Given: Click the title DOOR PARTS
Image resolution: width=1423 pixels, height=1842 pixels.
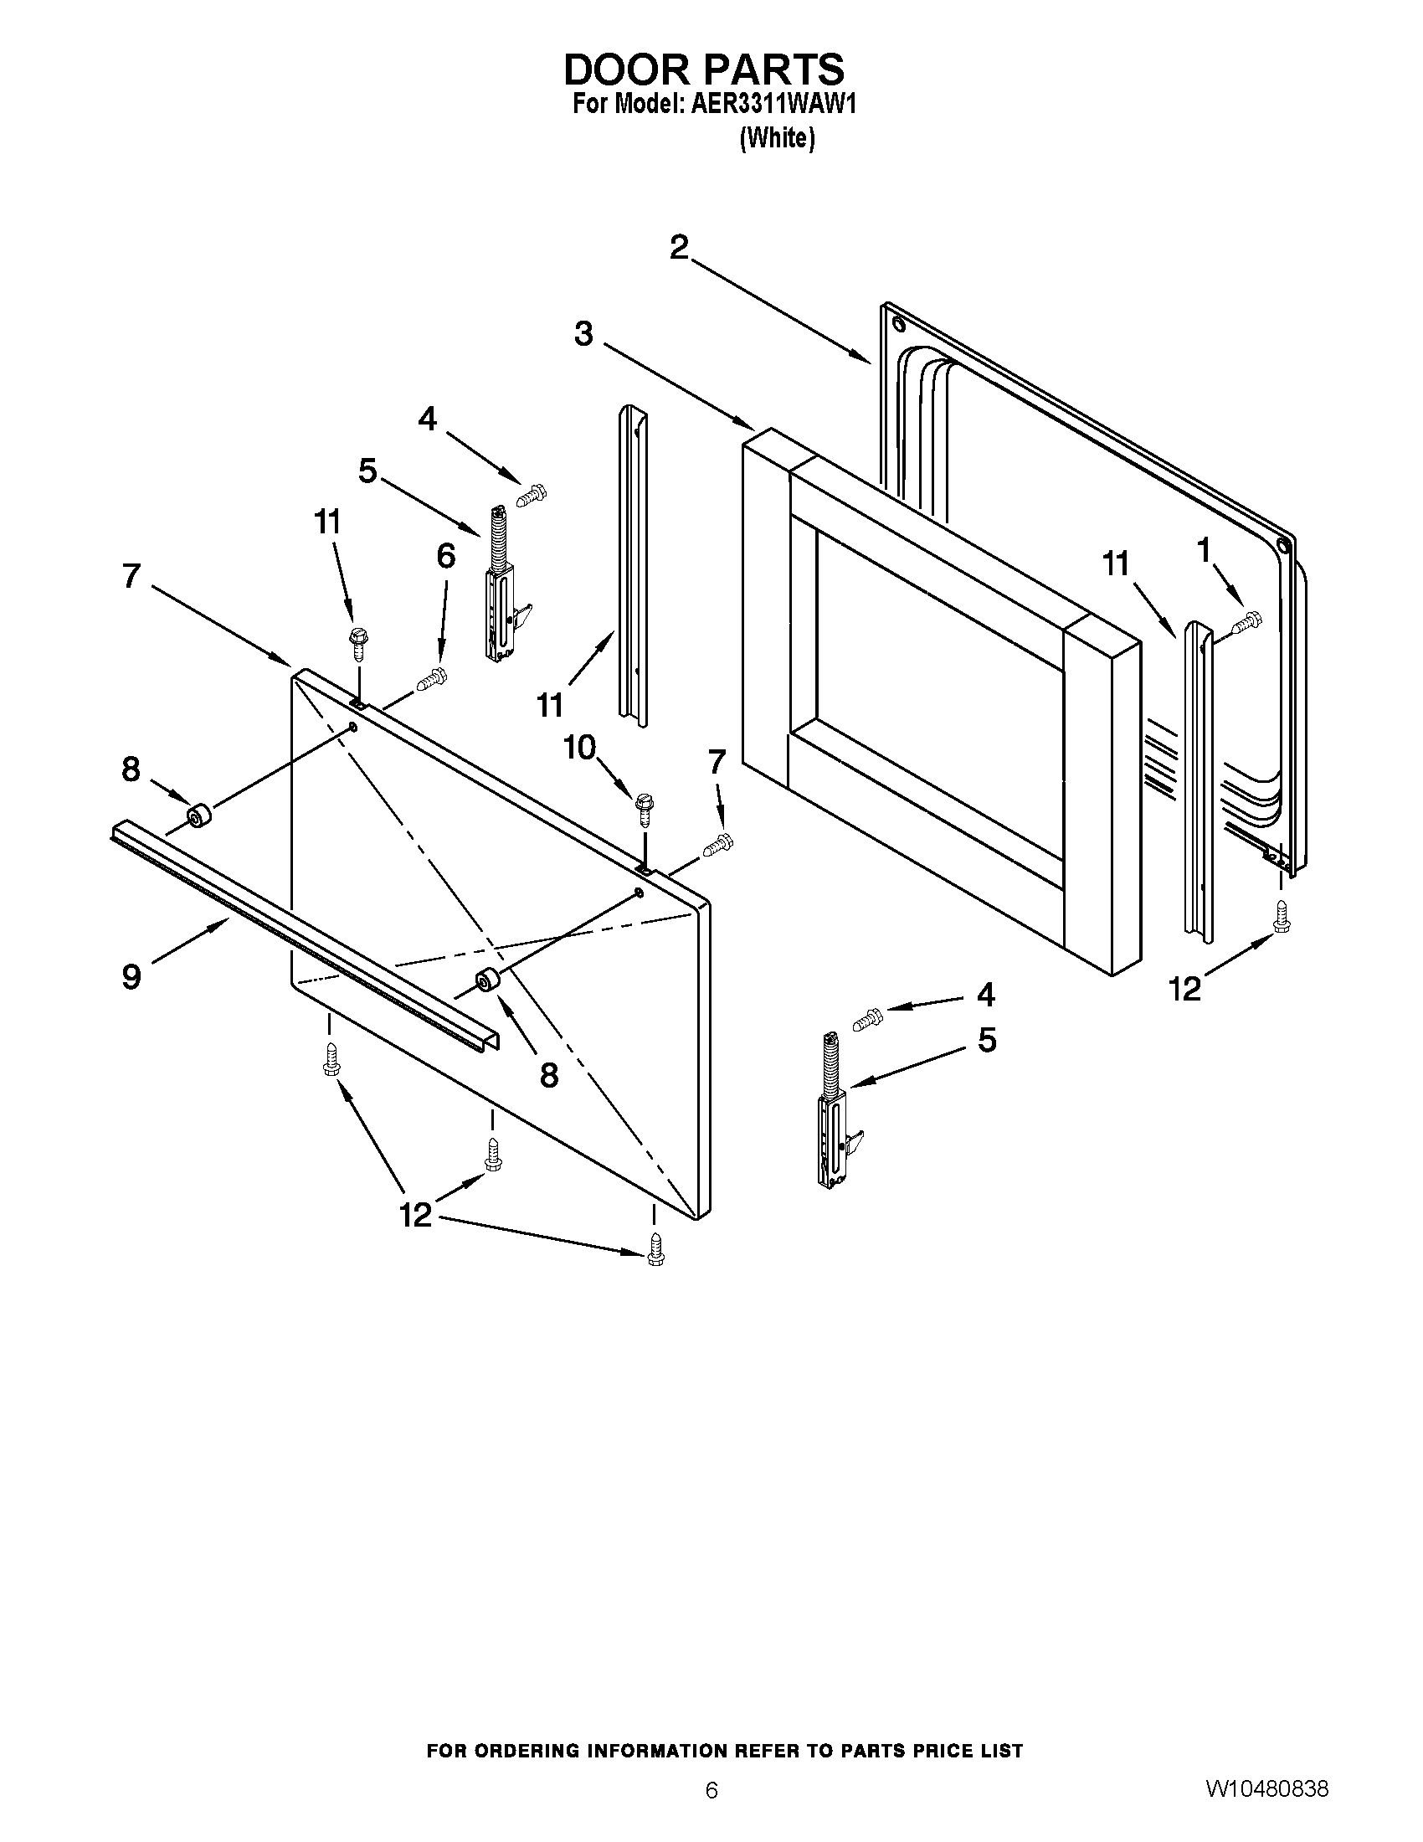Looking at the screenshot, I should click(703, 69).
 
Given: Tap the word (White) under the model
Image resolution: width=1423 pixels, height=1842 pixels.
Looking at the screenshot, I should click(777, 138).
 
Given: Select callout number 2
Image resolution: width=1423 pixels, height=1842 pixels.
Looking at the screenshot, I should click(680, 247).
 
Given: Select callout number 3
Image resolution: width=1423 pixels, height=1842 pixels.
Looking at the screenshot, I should click(583, 334).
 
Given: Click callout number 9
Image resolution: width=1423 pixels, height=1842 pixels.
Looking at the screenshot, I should click(131, 976).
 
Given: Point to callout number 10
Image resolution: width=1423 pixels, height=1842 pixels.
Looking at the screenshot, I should click(579, 747).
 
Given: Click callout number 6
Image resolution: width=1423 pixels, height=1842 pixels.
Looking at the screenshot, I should click(446, 556).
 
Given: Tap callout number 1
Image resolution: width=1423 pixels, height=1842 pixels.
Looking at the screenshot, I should click(1204, 550).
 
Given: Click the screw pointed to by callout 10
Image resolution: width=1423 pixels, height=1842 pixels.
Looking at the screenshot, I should click(645, 809).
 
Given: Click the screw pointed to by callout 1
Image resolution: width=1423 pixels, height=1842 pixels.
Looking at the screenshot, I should click(1248, 622).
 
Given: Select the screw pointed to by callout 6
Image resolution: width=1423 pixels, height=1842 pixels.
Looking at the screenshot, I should click(433, 677).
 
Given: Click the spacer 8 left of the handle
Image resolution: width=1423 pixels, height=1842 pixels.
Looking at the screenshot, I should click(198, 816).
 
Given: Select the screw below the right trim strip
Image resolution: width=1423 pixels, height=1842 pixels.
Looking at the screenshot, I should click(1282, 917).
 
